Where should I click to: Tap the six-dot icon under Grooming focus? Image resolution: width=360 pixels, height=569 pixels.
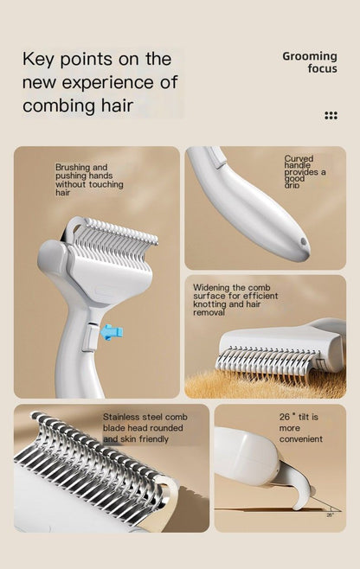click(x=331, y=115)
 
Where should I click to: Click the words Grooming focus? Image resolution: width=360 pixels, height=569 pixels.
click(x=310, y=62)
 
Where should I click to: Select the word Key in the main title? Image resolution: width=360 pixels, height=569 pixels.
click(x=40, y=59)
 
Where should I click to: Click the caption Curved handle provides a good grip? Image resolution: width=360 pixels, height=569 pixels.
click(x=305, y=171)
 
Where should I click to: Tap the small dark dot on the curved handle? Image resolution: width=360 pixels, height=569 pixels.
click(x=303, y=243)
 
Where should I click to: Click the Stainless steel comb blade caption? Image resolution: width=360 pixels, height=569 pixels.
click(x=145, y=427)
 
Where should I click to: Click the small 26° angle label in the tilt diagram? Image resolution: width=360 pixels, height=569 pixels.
click(x=329, y=514)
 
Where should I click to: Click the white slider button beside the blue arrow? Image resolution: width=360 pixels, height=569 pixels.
click(x=87, y=339)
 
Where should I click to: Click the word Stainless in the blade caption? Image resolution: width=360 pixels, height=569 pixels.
click(x=121, y=416)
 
